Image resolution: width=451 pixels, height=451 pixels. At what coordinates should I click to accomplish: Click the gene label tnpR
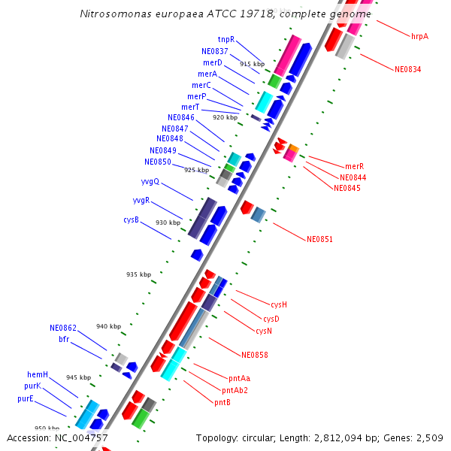[225, 39]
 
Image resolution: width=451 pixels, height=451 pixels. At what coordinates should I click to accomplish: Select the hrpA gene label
[419, 35]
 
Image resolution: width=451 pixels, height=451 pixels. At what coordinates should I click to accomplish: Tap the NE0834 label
[407, 69]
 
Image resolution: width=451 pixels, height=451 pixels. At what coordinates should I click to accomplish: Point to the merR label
[354, 166]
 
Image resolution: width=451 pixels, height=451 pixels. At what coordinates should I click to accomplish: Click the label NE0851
[319, 239]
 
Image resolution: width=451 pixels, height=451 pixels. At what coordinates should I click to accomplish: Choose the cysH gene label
[279, 304]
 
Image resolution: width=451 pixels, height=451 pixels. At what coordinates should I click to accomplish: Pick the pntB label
[222, 402]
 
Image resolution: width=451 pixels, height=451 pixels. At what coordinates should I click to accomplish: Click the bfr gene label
[64, 339]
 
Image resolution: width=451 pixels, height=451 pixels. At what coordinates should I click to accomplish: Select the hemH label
[38, 374]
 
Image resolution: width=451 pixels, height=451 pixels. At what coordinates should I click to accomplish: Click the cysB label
[131, 219]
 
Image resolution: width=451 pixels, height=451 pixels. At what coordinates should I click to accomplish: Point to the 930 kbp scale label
[168, 222]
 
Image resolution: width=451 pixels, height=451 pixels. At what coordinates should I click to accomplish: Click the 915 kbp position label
[252, 65]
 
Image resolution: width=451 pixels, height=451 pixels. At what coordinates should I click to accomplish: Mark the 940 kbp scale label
[108, 326]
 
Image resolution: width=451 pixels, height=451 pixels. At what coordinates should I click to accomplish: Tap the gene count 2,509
[429, 437]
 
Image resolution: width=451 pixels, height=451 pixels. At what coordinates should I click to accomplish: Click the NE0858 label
[254, 355]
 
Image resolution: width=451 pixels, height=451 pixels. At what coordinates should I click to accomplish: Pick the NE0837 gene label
[215, 51]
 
